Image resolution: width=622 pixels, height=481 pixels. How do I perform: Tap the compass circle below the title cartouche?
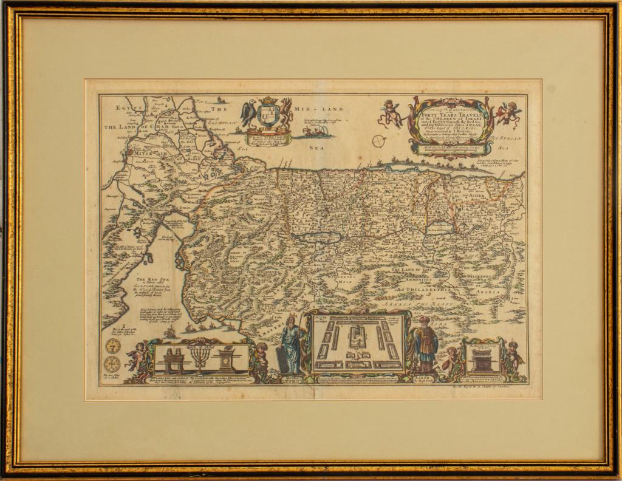tap(380, 142)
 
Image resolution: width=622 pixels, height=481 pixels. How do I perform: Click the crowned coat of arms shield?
tap(268, 112)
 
